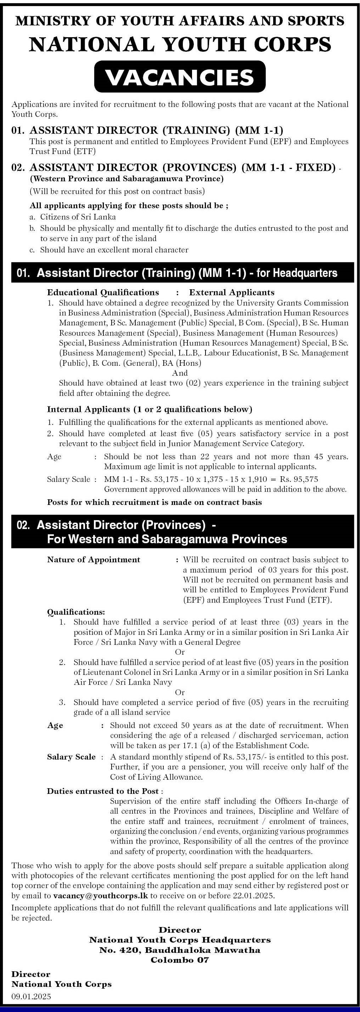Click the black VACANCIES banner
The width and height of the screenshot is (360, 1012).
click(x=180, y=77)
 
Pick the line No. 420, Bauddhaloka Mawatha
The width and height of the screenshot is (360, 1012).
click(x=180, y=950)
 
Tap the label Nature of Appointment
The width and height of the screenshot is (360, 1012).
click(x=94, y=559)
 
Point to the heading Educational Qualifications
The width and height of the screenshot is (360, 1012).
click(x=103, y=292)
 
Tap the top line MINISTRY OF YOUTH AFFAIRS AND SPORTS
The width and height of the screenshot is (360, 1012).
click(x=180, y=21)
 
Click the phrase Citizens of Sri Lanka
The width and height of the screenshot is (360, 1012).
click(x=78, y=216)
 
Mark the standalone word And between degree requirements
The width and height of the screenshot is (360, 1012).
click(x=180, y=373)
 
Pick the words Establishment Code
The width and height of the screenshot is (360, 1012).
click(x=278, y=745)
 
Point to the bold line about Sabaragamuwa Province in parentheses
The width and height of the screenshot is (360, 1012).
click(x=126, y=179)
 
